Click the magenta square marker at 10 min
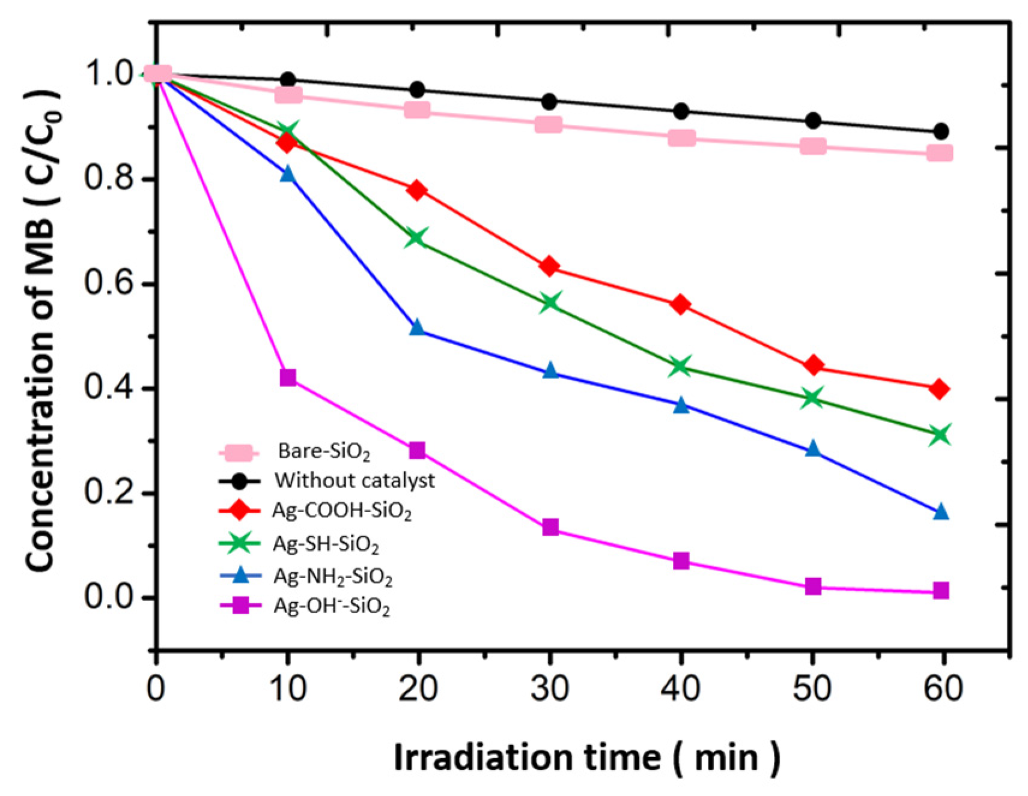[288, 378]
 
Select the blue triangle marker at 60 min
[941, 512]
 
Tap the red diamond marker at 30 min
[549, 266]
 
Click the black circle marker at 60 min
[941, 131]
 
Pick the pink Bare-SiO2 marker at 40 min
[681, 138]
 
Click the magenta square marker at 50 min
[812, 586]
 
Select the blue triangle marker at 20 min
[417, 328]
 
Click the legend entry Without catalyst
[354, 481]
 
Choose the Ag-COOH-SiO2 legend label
[342, 511]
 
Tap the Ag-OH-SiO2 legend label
[332, 606]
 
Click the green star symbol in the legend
[240, 543]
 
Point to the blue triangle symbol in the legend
[240, 575]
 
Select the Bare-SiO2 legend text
[324, 451]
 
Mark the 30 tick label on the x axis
[549, 689]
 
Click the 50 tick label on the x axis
[812, 689]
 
